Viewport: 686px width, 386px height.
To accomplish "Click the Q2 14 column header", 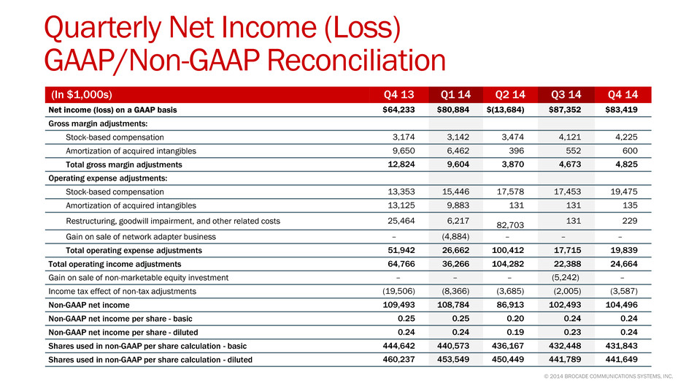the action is tap(510, 94).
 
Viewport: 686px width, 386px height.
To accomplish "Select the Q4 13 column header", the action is tap(398, 94).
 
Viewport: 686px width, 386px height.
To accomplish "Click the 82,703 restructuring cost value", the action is tap(510, 225).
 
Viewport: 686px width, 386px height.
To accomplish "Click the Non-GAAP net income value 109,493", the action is tap(398, 305).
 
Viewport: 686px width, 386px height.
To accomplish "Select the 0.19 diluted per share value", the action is tap(515, 332).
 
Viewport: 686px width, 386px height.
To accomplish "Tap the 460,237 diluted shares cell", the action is tap(398, 360).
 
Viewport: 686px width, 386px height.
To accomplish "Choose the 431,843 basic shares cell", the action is tap(621, 346).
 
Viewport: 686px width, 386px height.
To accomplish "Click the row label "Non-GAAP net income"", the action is tap(89, 305).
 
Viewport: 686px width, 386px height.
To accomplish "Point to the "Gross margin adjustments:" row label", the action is tap(98, 124).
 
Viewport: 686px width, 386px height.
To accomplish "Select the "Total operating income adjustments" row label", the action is tap(115, 264).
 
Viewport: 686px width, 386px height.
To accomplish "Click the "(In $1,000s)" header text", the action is tap(82, 94).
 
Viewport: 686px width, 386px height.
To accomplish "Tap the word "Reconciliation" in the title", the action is tap(356, 60).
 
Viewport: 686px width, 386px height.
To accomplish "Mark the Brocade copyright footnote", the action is tap(608, 376).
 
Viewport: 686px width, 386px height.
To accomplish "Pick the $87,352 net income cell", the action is tap(565, 110).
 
